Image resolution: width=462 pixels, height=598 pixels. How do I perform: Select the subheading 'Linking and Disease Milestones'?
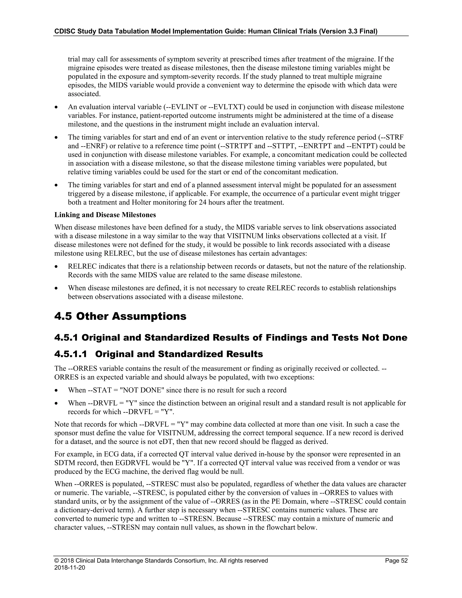click(105, 215)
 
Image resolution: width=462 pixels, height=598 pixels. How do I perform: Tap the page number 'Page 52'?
click(396, 561)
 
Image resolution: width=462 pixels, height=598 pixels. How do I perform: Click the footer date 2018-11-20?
click(69, 568)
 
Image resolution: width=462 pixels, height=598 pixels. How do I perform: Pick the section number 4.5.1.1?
click(71, 354)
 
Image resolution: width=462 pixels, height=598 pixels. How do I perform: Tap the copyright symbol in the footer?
click(56, 561)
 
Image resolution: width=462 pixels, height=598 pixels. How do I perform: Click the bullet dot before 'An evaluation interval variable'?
click(56, 107)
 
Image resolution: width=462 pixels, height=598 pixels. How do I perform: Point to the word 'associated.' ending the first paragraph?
click(84, 94)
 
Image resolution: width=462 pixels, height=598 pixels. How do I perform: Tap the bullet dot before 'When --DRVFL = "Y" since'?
click(56, 403)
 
